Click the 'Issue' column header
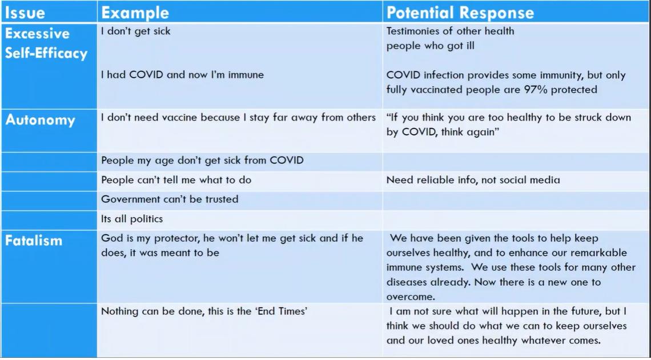tap(25, 12)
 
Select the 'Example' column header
tap(135, 13)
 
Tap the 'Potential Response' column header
tap(460, 13)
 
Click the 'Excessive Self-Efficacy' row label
tap(46, 43)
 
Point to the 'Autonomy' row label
tap(40, 120)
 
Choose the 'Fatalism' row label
tap(34, 241)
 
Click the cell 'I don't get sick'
tap(136, 31)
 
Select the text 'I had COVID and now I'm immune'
tap(182, 75)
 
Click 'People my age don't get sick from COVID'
tap(202, 161)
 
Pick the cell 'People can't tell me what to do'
tap(176, 180)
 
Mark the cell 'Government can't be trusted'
tap(170, 199)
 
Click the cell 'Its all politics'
tap(132, 219)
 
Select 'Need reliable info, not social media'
tap(473, 180)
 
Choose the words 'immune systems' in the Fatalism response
tap(424, 267)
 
